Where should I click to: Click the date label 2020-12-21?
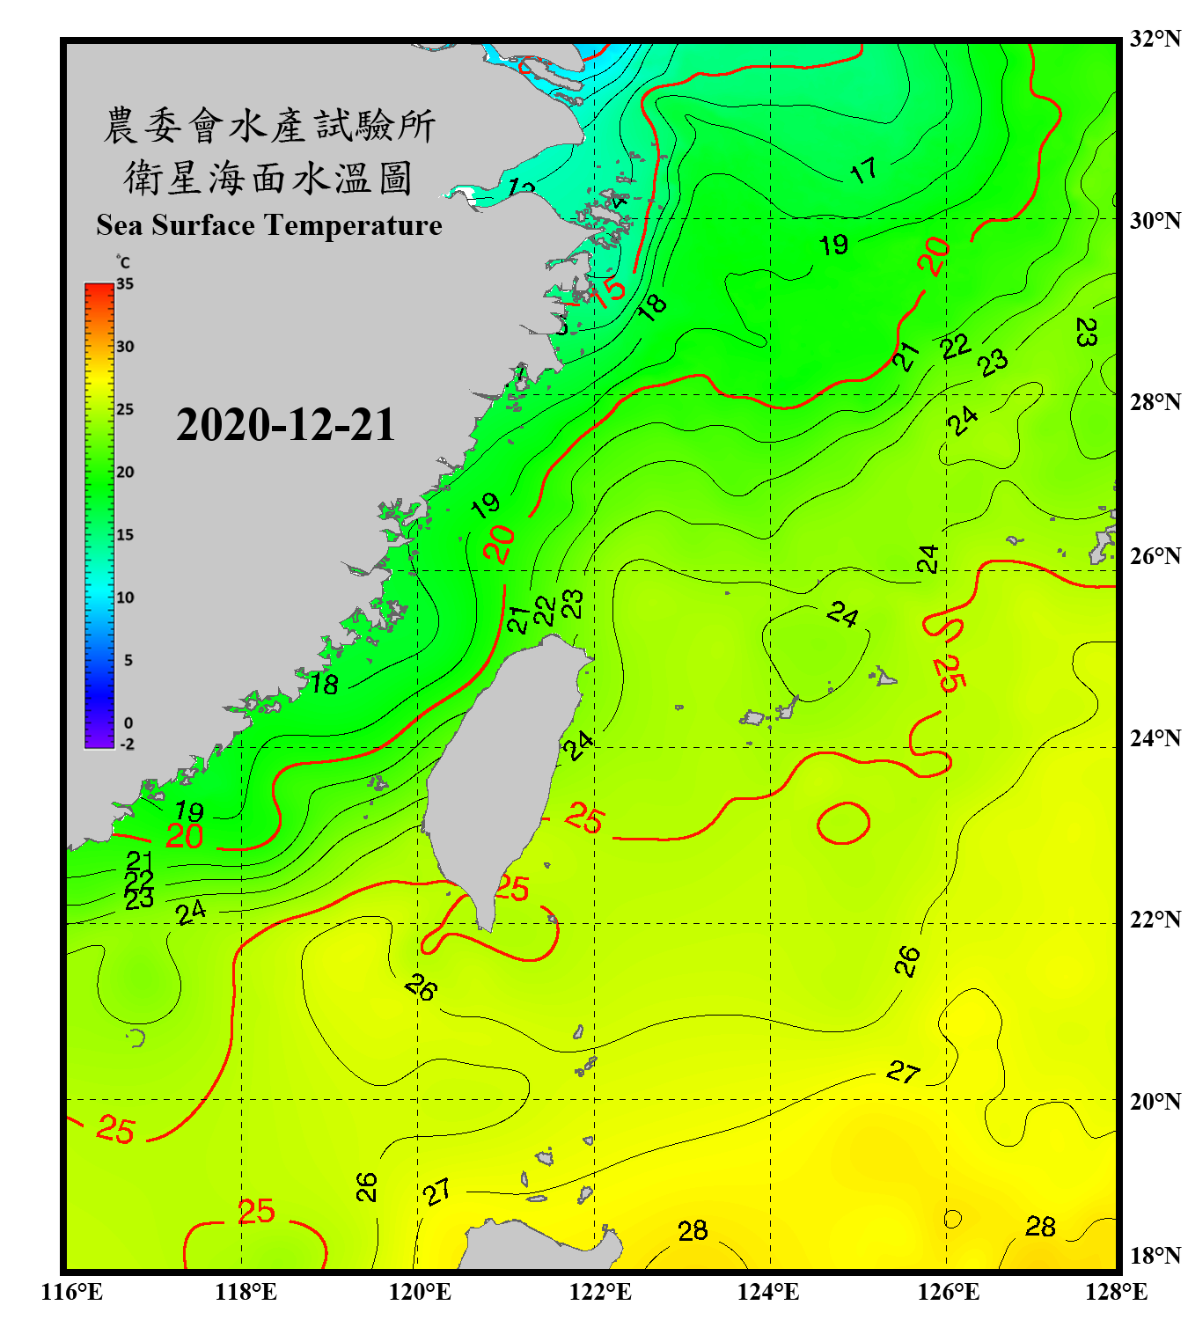[x=285, y=425]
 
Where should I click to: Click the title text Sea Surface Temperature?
[x=269, y=225]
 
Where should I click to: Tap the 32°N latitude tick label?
[x=1155, y=39]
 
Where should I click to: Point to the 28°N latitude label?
[x=1155, y=402]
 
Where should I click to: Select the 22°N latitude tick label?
[x=1155, y=920]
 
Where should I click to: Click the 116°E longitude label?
[x=72, y=1292]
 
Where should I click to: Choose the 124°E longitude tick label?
[x=768, y=1292]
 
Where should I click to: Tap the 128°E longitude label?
[x=1116, y=1292]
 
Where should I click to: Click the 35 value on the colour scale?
[x=125, y=284]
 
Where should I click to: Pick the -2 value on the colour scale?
[x=127, y=744]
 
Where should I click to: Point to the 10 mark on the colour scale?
[x=125, y=598]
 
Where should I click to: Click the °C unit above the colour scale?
[x=123, y=262]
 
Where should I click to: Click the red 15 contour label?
[x=609, y=290]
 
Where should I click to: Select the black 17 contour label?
[x=863, y=170]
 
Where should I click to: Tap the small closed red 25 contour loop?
[x=843, y=824]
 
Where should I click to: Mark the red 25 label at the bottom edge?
[x=256, y=1212]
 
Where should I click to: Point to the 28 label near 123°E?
[x=693, y=1230]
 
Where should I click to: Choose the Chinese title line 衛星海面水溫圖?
[x=268, y=179]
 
